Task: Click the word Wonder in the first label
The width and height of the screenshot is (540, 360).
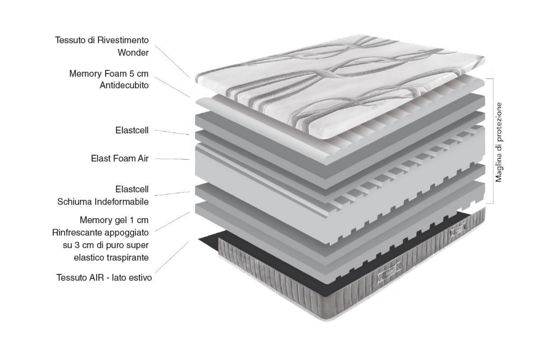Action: pos(133,52)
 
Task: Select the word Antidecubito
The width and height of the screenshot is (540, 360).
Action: pos(124,85)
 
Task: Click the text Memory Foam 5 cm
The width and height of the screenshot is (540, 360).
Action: pos(109,73)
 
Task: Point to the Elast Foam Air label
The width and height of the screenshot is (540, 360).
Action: pos(120,158)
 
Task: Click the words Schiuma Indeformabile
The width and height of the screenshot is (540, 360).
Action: pos(103,202)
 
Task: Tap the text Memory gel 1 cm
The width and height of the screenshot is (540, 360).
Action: pos(114,220)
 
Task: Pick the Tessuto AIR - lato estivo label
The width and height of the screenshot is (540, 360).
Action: pos(104,277)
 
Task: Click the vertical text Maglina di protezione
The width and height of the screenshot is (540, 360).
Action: pos(499,142)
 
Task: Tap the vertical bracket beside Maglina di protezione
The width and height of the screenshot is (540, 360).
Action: pos(493,141)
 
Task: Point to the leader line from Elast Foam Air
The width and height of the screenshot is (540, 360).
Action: pos(172,159)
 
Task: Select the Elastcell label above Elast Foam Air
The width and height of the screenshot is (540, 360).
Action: pos(132,130)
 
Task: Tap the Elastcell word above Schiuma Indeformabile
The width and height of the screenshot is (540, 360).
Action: pos(132,189)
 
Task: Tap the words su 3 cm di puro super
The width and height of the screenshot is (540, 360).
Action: pos(106,245)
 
